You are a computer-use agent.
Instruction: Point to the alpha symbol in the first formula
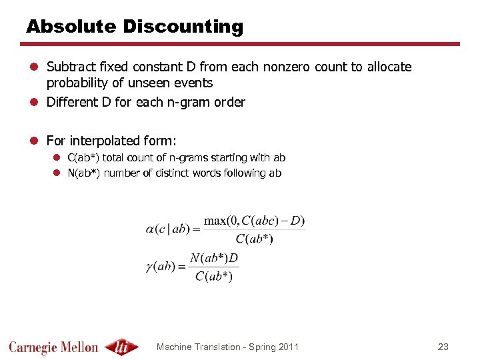tap(150, 229)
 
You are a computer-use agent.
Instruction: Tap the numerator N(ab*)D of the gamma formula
tap(214, 258)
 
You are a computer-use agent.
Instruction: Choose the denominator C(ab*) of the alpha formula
tap(254, 239)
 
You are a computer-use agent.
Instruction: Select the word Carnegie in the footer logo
tap(34, 347)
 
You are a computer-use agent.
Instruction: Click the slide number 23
tap(443, 347)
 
